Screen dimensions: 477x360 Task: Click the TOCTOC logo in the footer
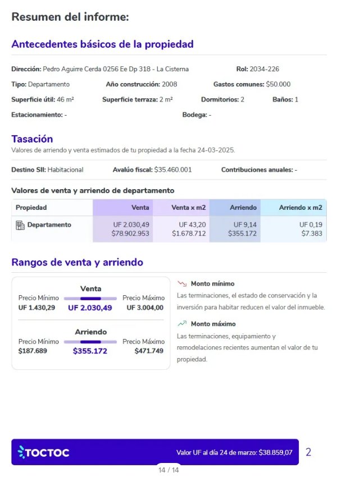tap(43, 452)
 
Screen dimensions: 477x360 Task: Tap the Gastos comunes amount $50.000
tap(278, 84)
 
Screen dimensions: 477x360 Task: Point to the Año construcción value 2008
tap(170, 84)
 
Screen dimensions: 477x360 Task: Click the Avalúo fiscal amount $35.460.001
tap(173, 169)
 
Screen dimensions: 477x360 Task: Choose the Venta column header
tap(140, 208)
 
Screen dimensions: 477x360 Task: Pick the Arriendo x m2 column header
tap(300, 208)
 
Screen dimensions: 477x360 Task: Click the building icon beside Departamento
tap(20, 225)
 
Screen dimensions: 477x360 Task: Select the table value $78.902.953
tap(130, 233)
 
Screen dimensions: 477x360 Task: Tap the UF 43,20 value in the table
tap(192, 224)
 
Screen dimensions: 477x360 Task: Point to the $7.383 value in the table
tap(312, 233)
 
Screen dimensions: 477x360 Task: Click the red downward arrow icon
tap(182, 284)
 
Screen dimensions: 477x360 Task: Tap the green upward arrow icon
tap(182, 324)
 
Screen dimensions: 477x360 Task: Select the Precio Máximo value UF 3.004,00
tap(145, 308)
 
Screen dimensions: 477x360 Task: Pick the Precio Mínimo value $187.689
tap(33, 351)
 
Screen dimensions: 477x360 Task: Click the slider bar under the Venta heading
tap(90, 299)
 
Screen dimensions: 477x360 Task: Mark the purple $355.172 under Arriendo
tap(90, 351)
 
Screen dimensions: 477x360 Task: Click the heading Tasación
tap(32, 139)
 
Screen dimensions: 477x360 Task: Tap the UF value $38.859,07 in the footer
tap(275, 452)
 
